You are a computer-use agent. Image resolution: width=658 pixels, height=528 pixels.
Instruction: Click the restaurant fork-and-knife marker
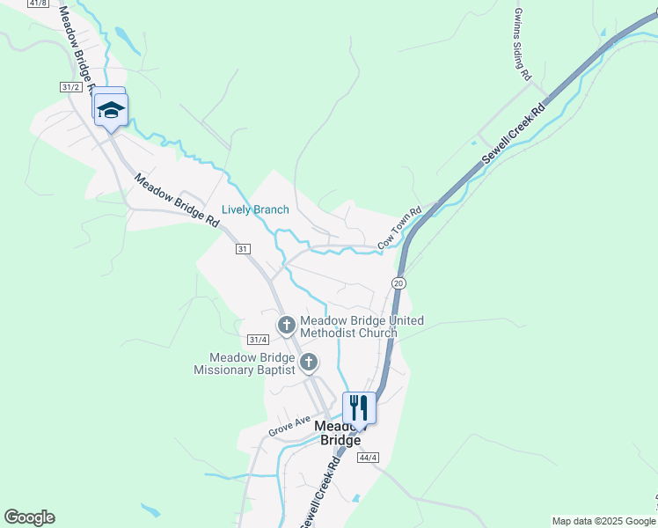[x=359, y=407]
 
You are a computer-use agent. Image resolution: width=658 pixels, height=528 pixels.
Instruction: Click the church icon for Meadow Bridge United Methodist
[x=286, y=326]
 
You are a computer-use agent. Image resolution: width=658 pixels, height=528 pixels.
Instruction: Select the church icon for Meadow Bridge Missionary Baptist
[x=309, y=363]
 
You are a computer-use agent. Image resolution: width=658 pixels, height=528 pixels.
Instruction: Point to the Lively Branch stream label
[x=255, y=209]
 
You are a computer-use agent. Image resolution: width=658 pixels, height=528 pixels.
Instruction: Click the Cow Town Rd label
[x=400, y=227]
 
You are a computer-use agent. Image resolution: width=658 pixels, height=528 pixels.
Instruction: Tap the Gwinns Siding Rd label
[x=523, y=40]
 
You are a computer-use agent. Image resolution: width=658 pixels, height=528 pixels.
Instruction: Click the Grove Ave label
[x=290, y=427]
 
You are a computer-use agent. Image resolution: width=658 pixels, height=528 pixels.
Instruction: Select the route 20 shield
[x=398, y=282]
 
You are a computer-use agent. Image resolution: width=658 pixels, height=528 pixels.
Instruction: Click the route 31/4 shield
[x=257, y=339]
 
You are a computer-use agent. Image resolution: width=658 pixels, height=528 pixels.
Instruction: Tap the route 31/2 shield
[x=71, y=86]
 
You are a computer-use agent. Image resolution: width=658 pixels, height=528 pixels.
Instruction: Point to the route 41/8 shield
[x=38, y=4]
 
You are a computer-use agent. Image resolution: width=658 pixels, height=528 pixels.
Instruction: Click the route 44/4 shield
[x=368, y=457]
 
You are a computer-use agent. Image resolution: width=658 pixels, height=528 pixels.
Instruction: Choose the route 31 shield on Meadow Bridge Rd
[x=243, y=249]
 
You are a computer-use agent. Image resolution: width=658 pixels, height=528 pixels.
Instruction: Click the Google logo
[x=29, y=517]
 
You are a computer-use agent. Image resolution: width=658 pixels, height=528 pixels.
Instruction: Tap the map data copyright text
[x=603, y=521]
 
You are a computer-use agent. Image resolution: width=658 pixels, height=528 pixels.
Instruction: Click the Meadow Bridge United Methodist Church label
[x=362, y=326]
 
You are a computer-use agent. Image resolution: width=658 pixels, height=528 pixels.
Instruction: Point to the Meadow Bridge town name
[x=337, y=432]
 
